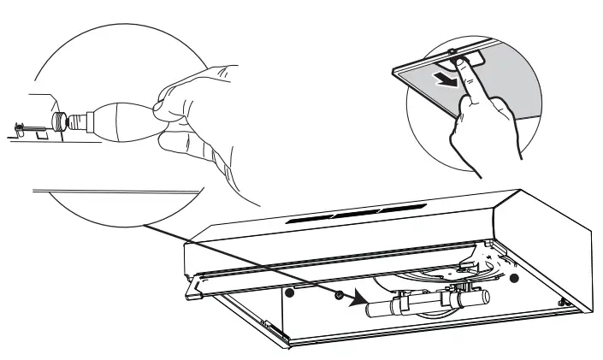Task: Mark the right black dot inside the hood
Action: (513, 279)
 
